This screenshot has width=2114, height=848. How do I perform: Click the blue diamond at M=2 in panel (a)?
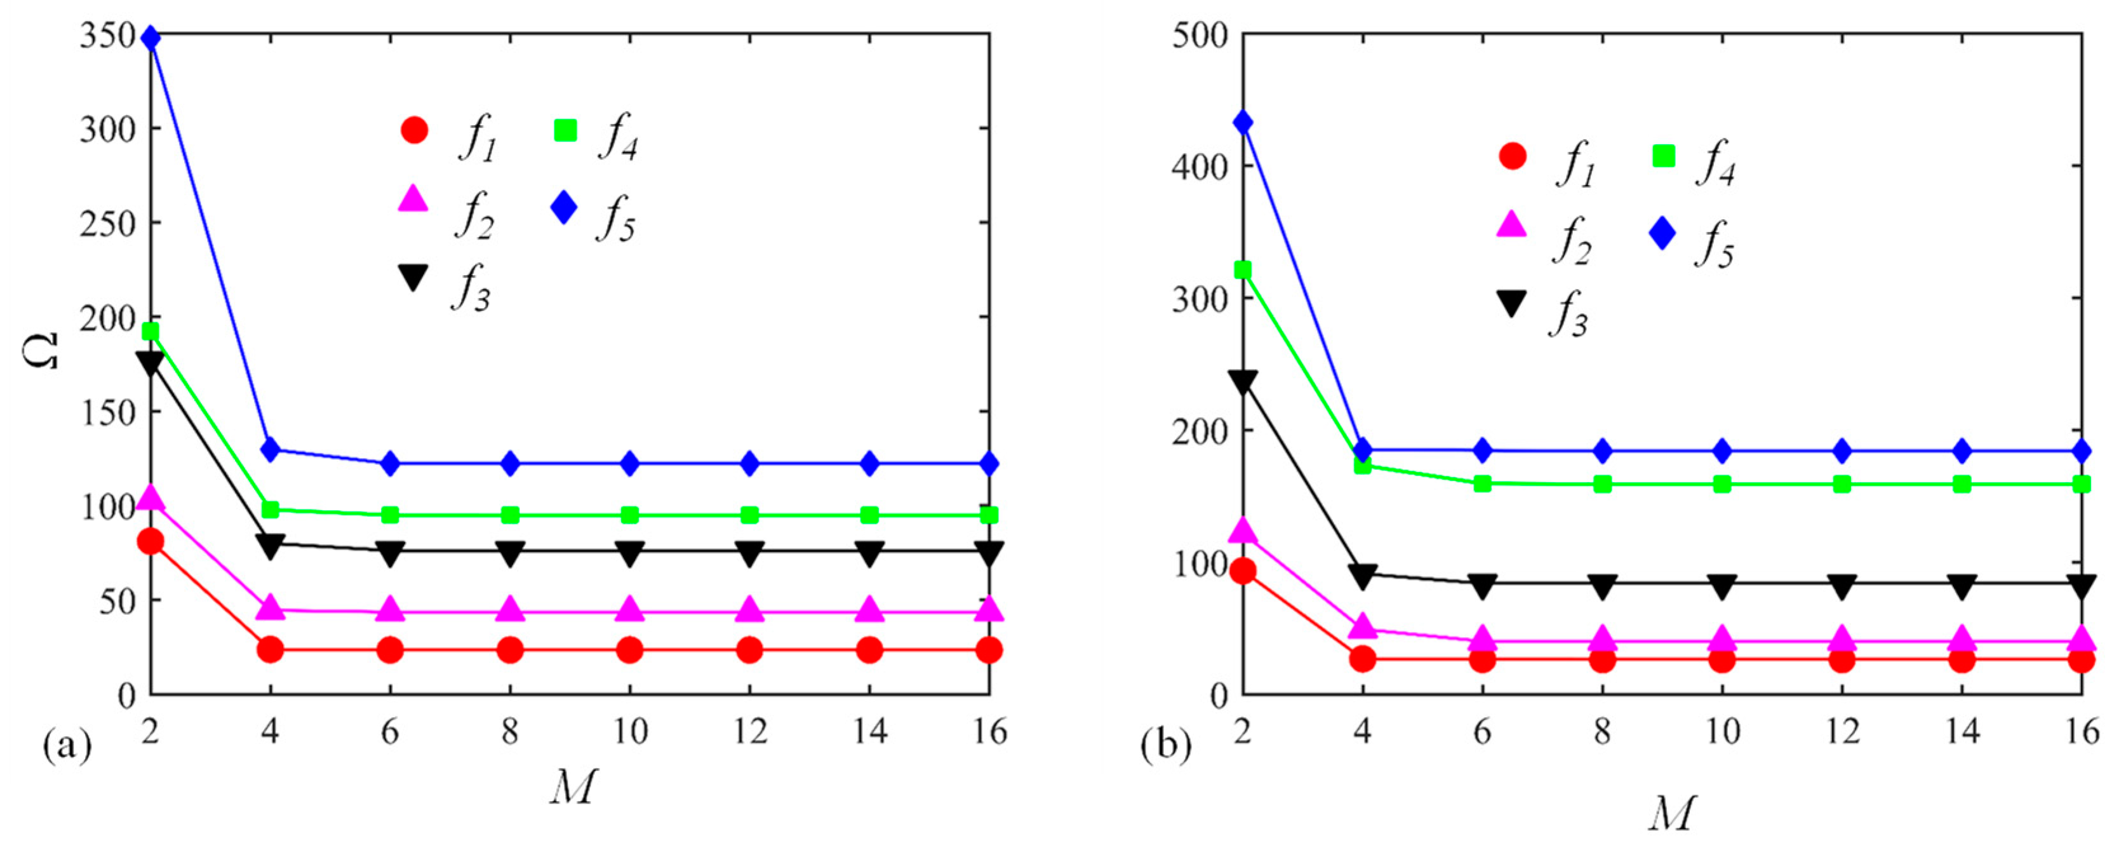[150, 39]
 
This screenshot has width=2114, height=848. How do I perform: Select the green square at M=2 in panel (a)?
[150, 332]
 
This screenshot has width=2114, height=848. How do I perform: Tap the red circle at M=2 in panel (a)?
[150, 542]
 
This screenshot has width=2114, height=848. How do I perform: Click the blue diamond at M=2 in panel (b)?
[1243, 123]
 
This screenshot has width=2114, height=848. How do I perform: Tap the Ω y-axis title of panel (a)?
[41, 351]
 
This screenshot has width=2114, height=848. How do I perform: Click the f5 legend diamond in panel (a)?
[564, 208]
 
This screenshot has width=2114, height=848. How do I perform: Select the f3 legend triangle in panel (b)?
[1511, 304]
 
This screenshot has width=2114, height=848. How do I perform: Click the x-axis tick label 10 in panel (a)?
[629, 730]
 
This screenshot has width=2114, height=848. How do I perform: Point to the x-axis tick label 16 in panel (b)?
[2081, 730]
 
